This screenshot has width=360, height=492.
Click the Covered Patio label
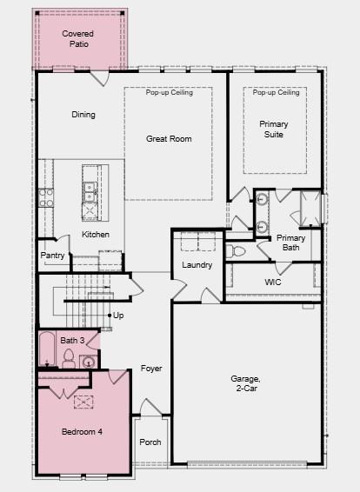pos(77,39)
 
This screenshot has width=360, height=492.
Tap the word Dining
pos(83,115)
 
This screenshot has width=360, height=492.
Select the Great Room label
pos(169,139)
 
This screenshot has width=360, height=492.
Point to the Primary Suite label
pos(274,130)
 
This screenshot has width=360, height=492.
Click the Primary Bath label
pos(290,243)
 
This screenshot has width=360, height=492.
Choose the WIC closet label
pos(273,282)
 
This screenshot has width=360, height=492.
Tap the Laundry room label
pos(197,265)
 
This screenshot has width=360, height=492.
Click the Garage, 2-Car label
pos(246,383)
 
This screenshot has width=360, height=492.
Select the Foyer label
pos(151,369)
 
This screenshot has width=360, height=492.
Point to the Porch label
pos(150,442)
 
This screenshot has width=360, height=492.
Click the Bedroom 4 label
pos(82,432)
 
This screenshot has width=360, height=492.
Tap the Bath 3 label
pos(73,340)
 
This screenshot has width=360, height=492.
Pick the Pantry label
pos(52,256)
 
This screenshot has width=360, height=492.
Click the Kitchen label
pos(96,235)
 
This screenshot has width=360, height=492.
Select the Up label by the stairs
pos(118,316)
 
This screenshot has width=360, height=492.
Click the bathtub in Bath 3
pos(46,350)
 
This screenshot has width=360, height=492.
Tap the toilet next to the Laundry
pos(237,251)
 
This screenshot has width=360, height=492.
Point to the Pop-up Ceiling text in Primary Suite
pos(277,93)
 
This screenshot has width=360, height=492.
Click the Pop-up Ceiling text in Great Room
pos(168,93)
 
